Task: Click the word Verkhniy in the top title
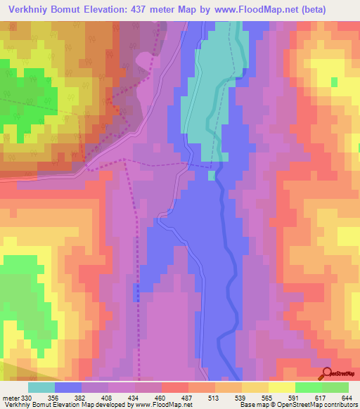(x=30, y=11)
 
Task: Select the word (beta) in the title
(x=310, y=11)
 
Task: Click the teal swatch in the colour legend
(x=41, y=388)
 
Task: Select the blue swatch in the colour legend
(x=68, y=388)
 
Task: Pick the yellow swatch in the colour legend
(x=282, y=388)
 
